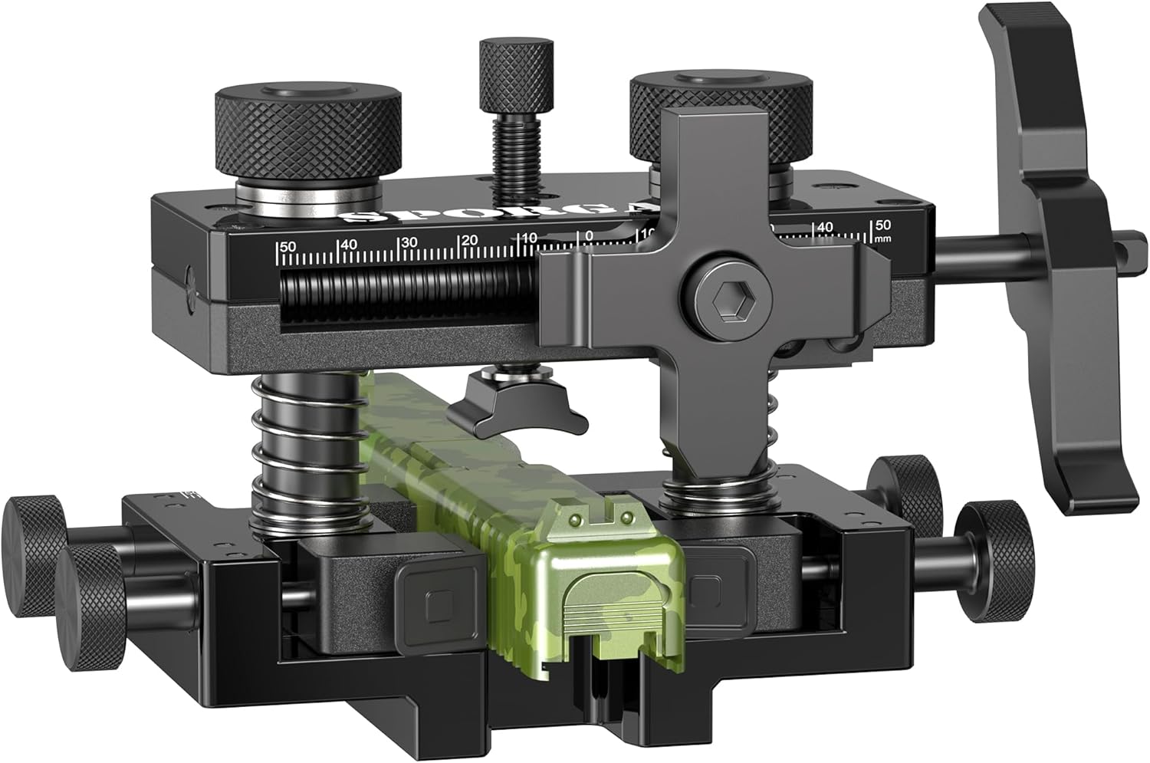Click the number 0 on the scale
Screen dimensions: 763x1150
coord(588,235)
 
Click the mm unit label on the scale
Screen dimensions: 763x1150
coord(882,238)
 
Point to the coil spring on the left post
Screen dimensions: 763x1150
coord(304,452)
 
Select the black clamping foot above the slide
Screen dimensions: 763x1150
coord(517,406)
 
